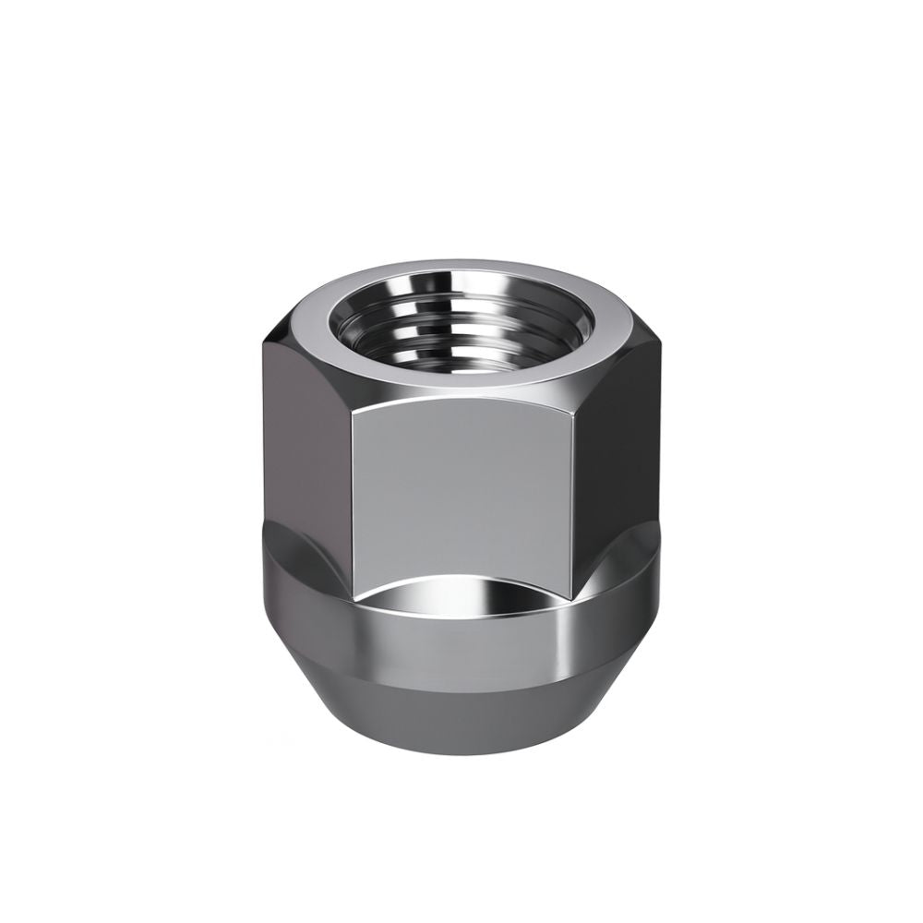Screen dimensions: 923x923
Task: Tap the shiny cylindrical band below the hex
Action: tap(461, 637)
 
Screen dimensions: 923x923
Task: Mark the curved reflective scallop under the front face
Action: tap(461, 591)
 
